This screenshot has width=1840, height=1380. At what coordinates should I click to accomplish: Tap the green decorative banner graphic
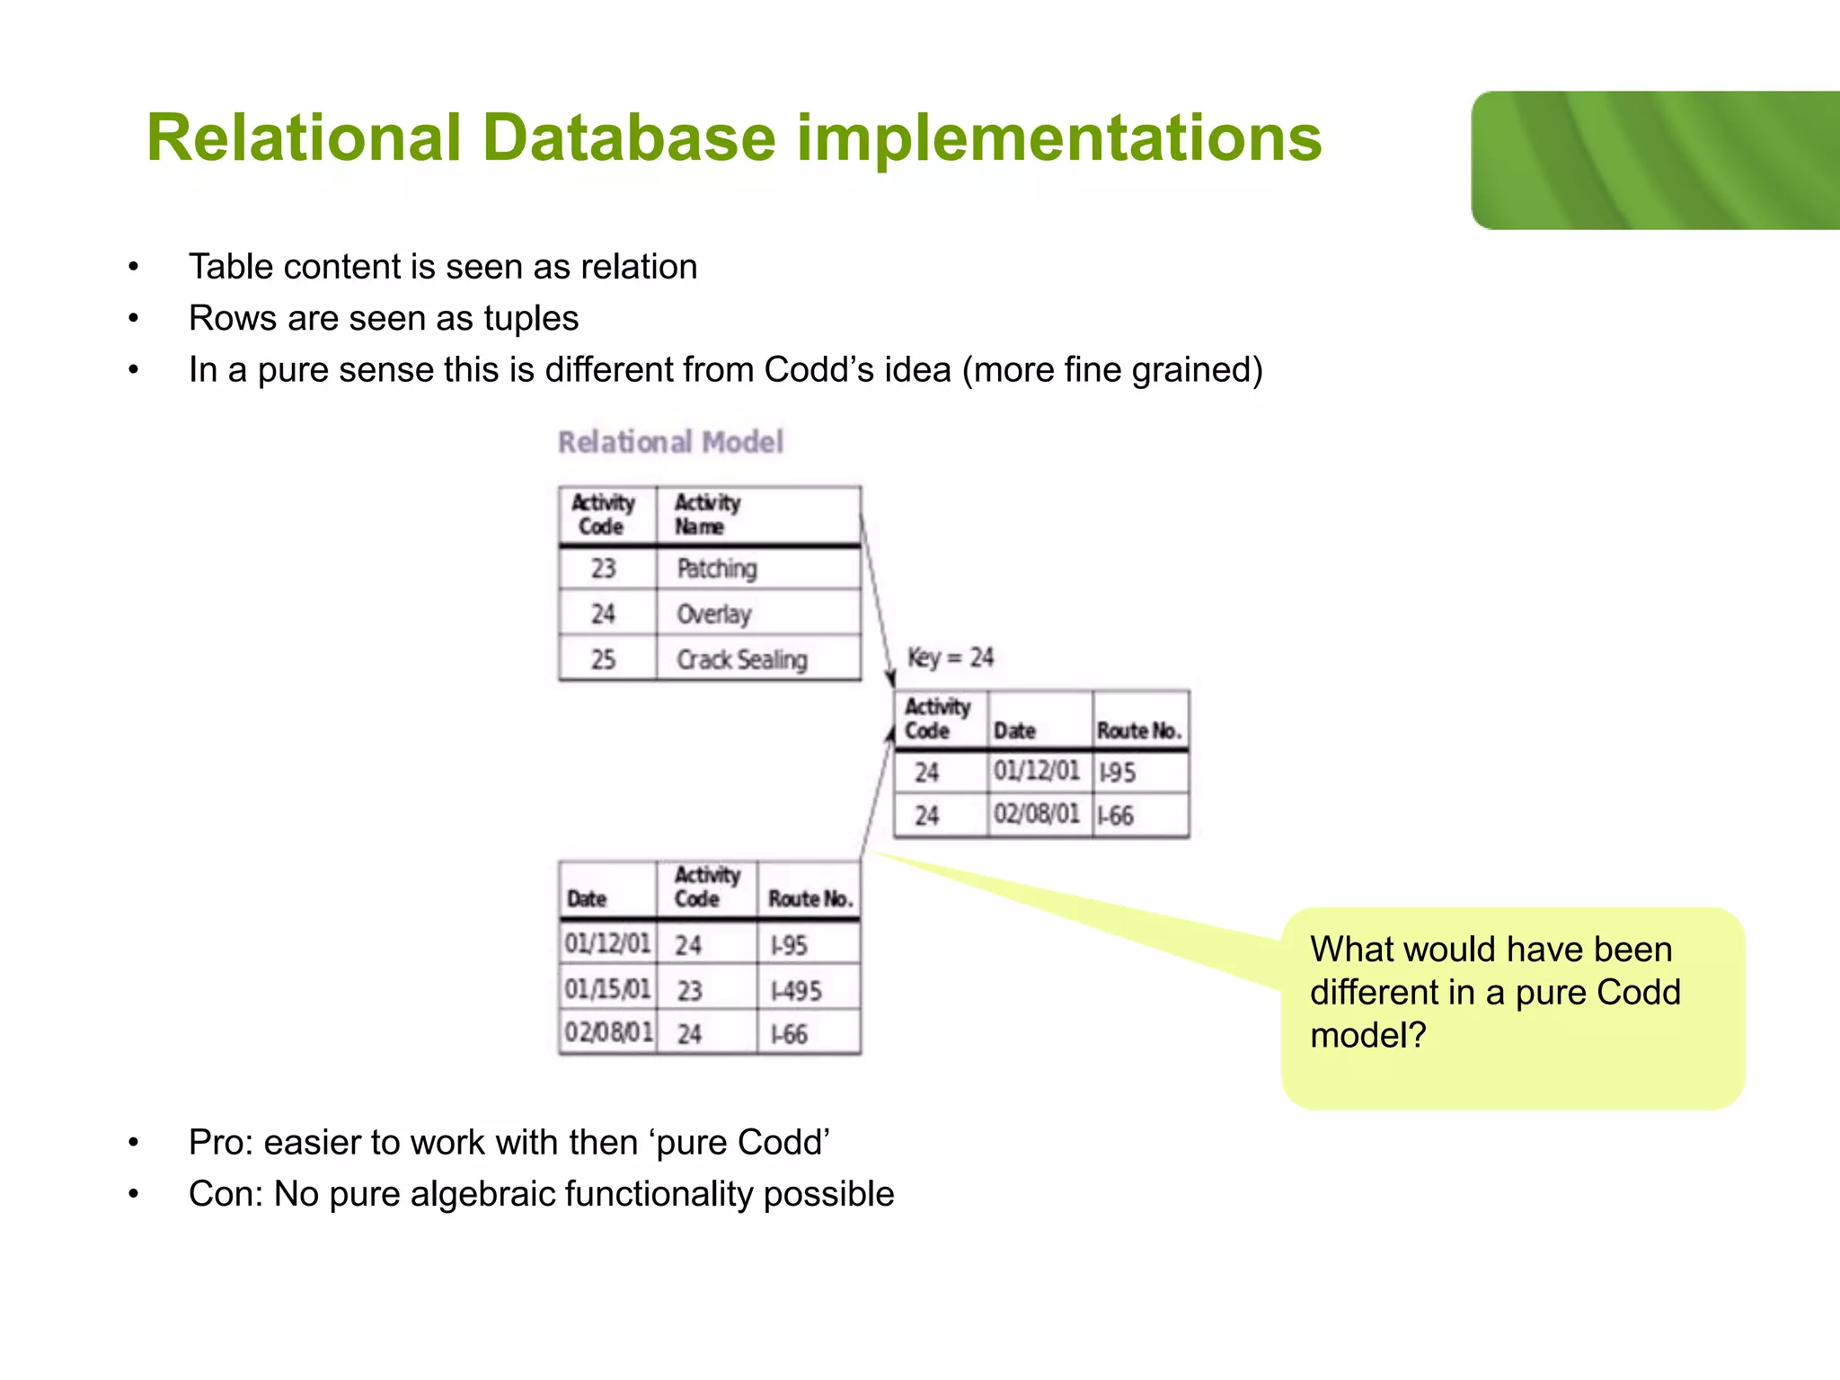[1655, 160]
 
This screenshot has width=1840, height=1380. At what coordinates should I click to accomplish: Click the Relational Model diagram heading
[670, 442]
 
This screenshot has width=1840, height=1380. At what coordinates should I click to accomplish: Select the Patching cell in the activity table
[717, 569]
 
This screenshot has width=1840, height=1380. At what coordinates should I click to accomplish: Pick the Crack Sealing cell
[742, 659]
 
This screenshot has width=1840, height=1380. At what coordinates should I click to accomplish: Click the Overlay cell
[714, 615]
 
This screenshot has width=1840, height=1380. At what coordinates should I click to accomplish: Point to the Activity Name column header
[708, 515]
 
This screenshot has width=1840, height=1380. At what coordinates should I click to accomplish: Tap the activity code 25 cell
[603, 659]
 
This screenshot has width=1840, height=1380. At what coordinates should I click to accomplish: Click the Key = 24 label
[950, 658]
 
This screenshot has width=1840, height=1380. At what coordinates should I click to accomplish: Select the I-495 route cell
[796, 991]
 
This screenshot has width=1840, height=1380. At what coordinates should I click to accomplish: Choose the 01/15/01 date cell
[607, 989]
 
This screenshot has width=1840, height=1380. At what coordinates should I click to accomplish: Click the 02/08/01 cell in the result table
[1037, 814]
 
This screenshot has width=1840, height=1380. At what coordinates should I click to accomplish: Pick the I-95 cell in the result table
[1118, 772]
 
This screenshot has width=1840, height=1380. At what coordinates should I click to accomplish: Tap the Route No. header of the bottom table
[809, 898]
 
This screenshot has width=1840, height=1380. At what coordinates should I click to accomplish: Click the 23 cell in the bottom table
[689, 991]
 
